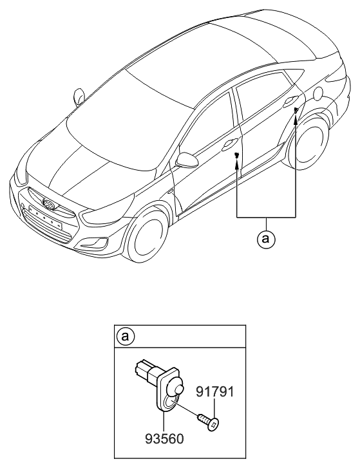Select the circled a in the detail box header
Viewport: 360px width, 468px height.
124,336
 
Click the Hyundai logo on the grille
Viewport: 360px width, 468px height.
48,206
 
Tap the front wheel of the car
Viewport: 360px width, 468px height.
150,237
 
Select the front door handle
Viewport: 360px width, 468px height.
229,145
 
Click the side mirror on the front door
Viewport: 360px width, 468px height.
187,160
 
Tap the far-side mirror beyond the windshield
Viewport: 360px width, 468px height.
80,96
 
